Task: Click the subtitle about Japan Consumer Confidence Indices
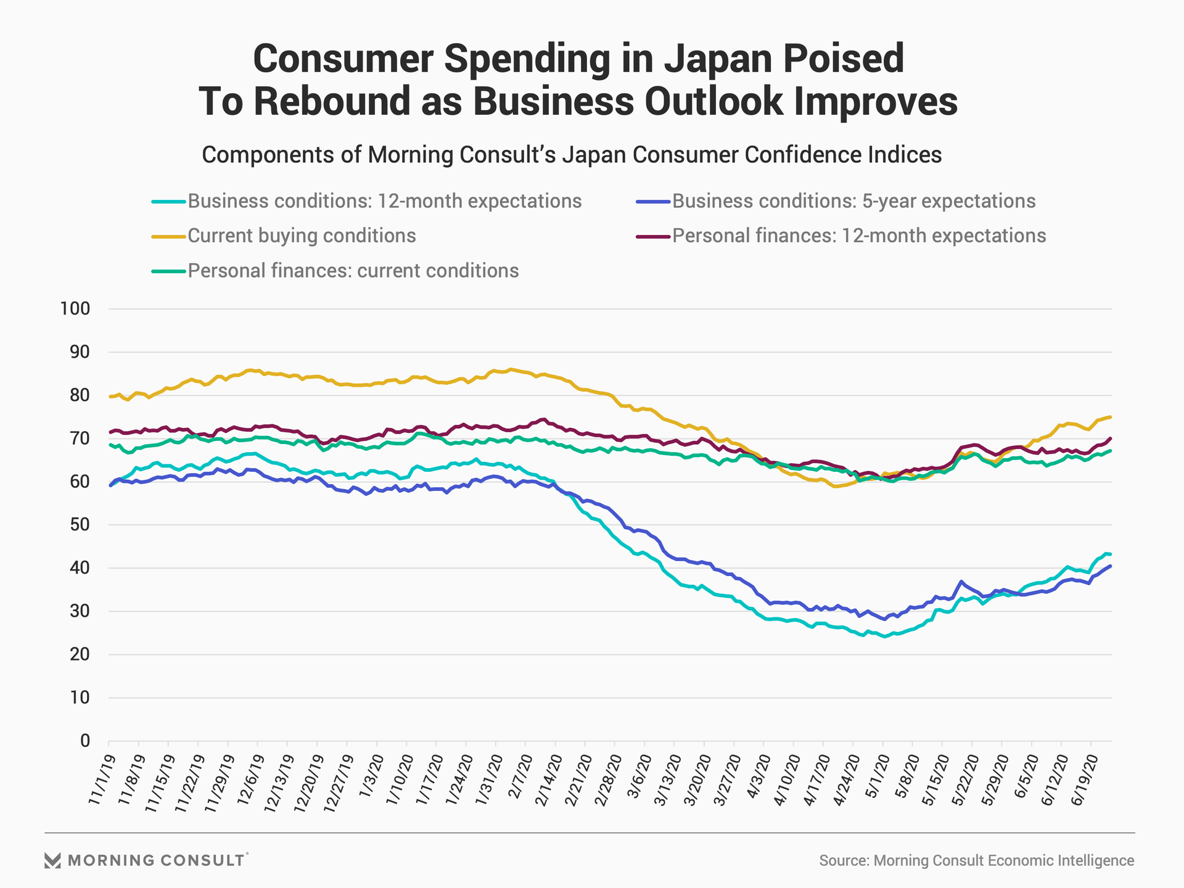(572, 154)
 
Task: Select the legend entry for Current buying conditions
(302, 236)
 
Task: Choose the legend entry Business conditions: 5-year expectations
(853, 202)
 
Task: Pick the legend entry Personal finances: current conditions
(353, 271)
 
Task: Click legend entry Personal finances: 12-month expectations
(858, 236)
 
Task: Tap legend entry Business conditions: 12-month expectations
(384, 202)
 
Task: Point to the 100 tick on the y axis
(75, 309)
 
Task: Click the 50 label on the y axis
(80, 525)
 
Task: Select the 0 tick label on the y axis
(85, 741)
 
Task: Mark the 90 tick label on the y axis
(80, 352)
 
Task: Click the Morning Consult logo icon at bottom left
(52, 860)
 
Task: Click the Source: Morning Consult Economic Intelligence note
(976, 861)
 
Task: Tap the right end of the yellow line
(1111, 417)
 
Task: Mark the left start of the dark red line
(110, 432)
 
